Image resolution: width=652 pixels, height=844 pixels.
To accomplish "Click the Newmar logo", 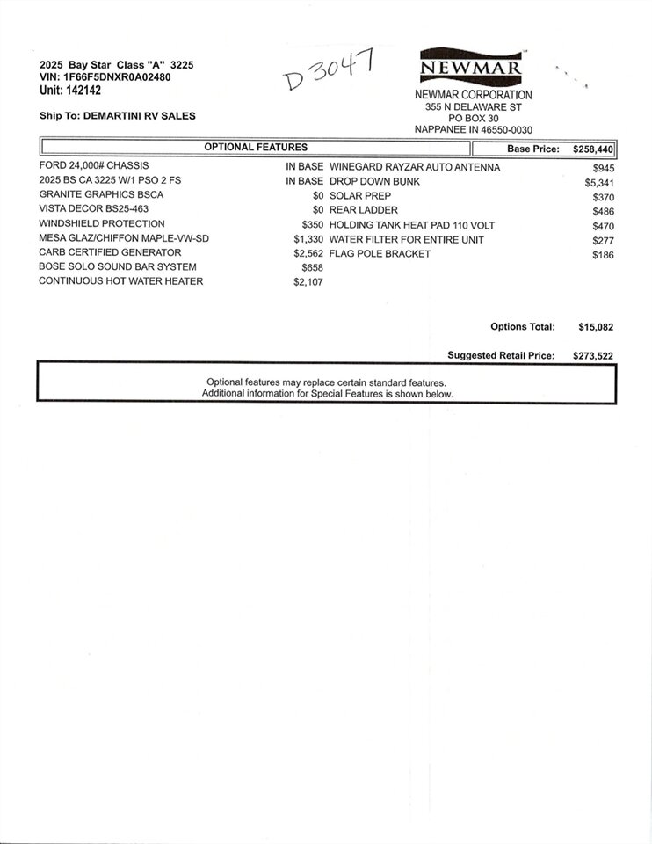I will click(x=472, y=67).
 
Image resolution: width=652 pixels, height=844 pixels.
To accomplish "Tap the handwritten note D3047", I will click(x=330, y=71).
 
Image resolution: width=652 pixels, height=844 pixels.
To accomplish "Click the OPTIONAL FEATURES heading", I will click(x=256, y=148).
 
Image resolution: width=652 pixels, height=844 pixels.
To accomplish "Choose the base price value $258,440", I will click(x=593, y=149).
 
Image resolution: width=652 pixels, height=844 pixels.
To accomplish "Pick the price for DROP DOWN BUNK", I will click(x=599, y=182).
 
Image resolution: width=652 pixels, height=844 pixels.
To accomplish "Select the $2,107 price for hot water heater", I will click(x=308, y=282).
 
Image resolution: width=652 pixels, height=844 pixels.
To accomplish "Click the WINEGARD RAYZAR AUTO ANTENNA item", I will click(x=415, y=167).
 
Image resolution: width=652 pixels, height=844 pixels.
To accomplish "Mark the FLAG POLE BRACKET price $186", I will click(x=603, y=255).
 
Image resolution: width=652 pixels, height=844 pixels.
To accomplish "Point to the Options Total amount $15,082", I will click(x=596, y=327).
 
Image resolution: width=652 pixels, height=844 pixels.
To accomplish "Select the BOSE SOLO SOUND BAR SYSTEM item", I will click(x=118, y=266).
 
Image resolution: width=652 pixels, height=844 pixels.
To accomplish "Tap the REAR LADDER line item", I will click(x=364, y=210).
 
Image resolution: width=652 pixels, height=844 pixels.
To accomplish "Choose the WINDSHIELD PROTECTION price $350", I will click(x=313, y=225).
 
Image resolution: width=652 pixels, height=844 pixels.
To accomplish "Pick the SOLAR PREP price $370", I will click(x=603, y=197).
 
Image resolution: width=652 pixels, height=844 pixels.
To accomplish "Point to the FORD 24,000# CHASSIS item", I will click(x=94, y=165).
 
